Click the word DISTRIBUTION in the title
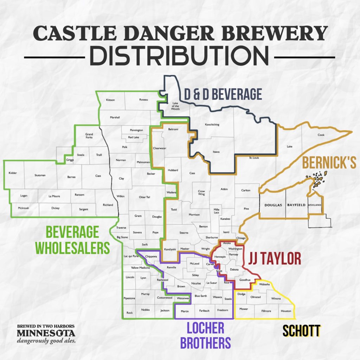point(180,57)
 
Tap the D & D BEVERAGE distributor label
point(223,95)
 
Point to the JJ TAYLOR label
point(275,259)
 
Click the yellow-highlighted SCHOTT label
point(301,331)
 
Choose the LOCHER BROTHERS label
point(205,335)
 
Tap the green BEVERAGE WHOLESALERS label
point(77,240)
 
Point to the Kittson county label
point(110,100)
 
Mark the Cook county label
point(321,135)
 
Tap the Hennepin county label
point(220,257)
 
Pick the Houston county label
point(286,311)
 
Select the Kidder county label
point(13,173)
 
